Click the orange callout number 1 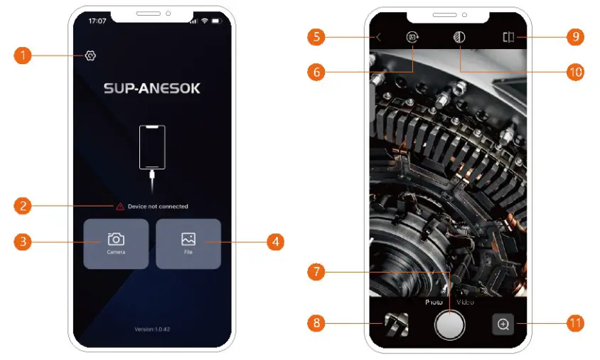(23, 55)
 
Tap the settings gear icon (90, 55)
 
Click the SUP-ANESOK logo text (152, 89)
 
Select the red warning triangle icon (120, 206)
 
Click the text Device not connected (157, 206)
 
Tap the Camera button (116, 243)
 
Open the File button (188, 243)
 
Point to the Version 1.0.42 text (152, 329)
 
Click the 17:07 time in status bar (97, 21)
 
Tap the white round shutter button (449, 324)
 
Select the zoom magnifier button (503, 324)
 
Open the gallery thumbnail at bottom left (396, 324)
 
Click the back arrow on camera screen (379, 38)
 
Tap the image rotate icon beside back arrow (412, 38)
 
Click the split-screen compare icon (508, 38)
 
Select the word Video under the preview (466, 302)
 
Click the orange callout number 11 (575, 324)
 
